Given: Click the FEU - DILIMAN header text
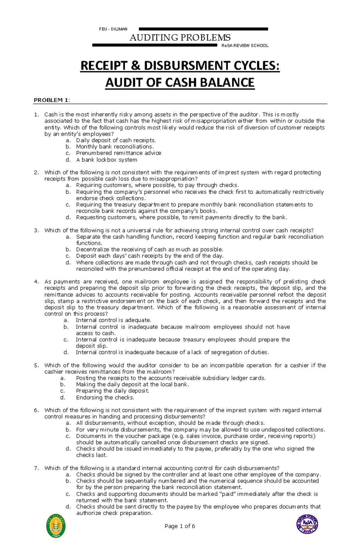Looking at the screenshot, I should point(113,29).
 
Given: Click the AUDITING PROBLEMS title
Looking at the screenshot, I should point(180,38).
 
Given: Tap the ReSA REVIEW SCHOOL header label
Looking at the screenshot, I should point(245,46).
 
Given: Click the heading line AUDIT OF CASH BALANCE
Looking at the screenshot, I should point(180,83).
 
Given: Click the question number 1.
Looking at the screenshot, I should point(36,114).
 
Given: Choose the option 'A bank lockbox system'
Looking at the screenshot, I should point(106,160).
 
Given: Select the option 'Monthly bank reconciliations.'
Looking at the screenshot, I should point(115,147).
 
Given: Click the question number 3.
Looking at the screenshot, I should point(36,230).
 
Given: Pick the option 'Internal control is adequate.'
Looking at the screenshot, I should point(113,320).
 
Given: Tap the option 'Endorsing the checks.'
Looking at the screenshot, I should point(105,397).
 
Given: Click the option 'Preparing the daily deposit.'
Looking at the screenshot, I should point(112,391).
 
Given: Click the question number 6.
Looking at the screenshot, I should point(36,410).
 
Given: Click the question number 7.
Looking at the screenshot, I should point(36,468).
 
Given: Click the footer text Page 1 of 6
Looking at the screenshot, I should point(180,526).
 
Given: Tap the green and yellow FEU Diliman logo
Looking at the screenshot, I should point(56,526).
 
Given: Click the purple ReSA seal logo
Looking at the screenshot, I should point(307,524).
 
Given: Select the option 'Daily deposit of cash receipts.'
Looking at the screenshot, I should point(116,140).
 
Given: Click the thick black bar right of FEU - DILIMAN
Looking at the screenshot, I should point(203,29).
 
